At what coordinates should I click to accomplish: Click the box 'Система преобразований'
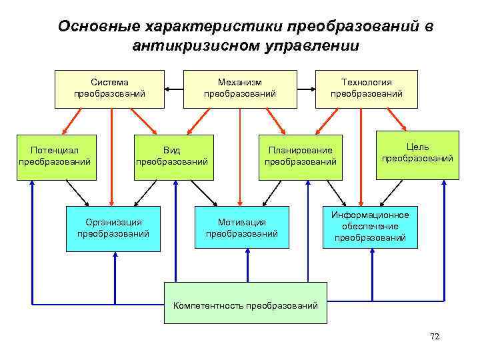click(110, 89)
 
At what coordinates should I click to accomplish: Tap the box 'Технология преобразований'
click(367, 89)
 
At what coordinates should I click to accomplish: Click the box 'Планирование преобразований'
click(300, 157)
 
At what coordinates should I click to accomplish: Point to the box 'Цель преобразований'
click(417, 154)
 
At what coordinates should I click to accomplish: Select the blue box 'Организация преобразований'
click(113, 228)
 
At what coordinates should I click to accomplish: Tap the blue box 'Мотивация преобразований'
click(242, 228)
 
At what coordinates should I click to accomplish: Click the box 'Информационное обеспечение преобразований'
click(371, 226)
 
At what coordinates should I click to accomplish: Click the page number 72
click(435, 337)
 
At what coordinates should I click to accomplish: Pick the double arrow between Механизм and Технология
click(305, 89)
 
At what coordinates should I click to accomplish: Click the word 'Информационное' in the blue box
click(371, 215)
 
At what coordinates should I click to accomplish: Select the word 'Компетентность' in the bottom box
click(208, 306)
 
